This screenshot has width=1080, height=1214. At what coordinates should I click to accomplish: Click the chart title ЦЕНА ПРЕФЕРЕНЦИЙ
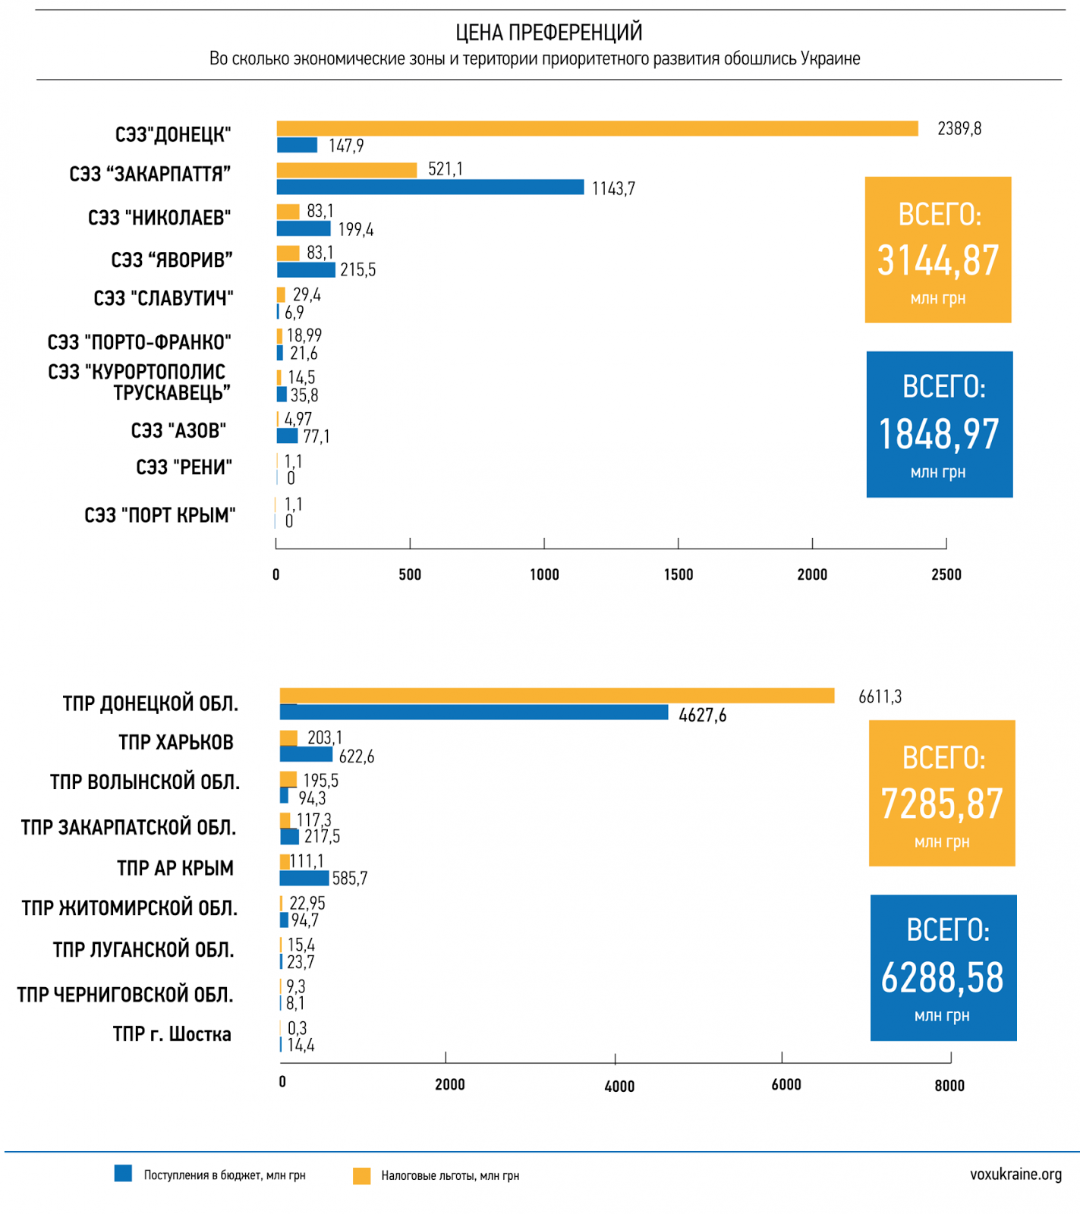point(549,33)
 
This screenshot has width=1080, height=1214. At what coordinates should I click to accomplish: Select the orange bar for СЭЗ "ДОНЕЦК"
point(597,128)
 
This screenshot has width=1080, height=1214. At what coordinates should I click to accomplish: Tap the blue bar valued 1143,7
point(430,187)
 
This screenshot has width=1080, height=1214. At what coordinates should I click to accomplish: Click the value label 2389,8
point(959,129)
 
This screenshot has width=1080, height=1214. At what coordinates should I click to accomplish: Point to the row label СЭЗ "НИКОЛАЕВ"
point(159,218)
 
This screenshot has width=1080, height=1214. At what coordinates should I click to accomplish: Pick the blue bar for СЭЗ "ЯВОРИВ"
point(306,269)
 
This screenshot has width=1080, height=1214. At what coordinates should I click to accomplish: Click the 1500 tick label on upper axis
point(678,574)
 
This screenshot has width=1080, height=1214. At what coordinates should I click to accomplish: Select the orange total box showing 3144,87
point(938,250)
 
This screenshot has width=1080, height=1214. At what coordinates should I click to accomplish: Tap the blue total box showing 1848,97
point(940,424)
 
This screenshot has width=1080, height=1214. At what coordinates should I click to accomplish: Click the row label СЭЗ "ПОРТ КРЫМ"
point(159,515)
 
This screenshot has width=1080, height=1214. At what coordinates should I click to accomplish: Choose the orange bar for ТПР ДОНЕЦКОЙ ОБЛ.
point(556,695)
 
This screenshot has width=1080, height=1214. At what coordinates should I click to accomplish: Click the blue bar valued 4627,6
point(474,712)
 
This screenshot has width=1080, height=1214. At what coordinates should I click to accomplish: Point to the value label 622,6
point(356,756)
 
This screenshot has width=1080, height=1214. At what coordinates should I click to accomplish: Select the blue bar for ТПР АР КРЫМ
point(304,878)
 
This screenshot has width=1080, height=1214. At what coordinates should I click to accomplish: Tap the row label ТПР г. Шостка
point(172,1034)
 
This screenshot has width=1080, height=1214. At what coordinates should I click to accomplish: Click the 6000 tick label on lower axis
point(786,1084)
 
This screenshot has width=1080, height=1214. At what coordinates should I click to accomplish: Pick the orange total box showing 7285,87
point(942,793)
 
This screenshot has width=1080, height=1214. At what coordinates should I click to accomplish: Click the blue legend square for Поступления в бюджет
point(123,1174)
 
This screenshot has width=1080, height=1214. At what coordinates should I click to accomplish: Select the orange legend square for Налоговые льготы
point(361,1175)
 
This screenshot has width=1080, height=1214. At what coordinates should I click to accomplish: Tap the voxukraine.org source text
point(1015,1175)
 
